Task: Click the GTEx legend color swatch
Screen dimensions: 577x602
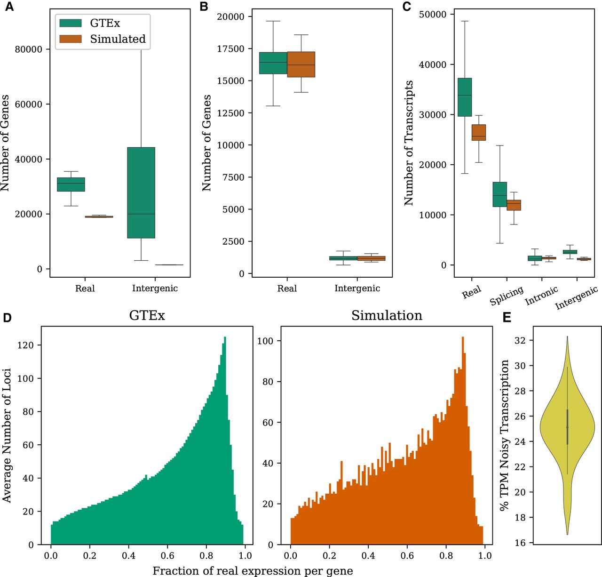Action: [x=71, y=23]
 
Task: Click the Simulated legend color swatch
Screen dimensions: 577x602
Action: [x=71, y=39]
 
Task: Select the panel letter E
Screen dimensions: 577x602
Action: [x=507, y=318]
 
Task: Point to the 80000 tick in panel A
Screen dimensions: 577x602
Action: [x=29, y=49]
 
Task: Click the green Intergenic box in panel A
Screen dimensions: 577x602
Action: [x=141, y=192]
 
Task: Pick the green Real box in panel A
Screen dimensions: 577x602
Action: [x=71, y=184]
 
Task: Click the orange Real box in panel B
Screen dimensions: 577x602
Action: [x=301, y=64]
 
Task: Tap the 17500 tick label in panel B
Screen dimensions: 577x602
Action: [x=230, y=49]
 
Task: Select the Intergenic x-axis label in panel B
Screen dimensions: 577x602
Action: [x=357, y=288]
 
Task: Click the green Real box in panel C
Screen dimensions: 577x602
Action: [x=465, y=97]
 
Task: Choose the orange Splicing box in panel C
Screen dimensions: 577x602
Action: [x=514, y=205]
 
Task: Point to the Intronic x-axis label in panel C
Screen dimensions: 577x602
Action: [x=542, y=295]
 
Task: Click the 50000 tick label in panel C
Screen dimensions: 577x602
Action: [x=433, y=15]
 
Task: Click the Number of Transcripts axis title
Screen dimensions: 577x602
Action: [x=409, y=143]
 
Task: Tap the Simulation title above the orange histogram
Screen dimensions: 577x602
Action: [x=387, y=315]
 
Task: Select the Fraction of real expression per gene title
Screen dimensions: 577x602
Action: [x=253, y=571]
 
